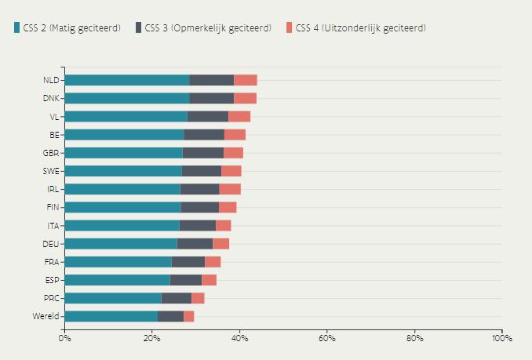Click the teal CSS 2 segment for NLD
pos(126,80)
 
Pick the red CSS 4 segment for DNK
pos(245,98)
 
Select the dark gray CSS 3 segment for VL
pos(208,116)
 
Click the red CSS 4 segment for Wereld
pos(188,316)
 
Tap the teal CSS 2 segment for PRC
pos(113,298)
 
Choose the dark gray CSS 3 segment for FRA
pos(188,262)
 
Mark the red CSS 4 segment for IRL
pos(230,189)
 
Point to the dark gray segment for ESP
pos(186,280)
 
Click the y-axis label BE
pos(54,135)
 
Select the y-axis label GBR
pos(52,153)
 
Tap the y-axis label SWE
pos(52,171)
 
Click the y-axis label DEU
pos(52,244)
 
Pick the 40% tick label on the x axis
pos(239,338)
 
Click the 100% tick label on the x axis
pos(501,338)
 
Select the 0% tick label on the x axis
pos(65,338)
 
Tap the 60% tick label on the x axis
pos(327,338)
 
